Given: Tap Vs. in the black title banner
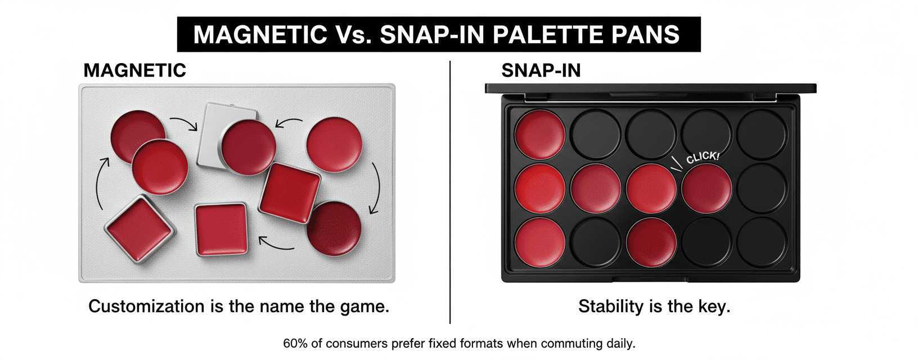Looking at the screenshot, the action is click(354, 34).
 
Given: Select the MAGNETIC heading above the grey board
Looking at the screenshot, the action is click(135, 70).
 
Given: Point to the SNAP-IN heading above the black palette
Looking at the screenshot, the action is click(541, 70).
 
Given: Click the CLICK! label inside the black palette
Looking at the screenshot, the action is click(703, 157).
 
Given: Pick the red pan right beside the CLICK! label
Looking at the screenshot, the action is click(706, 188).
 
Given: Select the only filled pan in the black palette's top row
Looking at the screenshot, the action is click(540, 134).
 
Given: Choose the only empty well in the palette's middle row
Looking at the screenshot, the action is click(762, 188).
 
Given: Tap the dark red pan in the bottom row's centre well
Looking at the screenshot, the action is click(651, 242).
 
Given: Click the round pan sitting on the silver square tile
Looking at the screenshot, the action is click(249, 147).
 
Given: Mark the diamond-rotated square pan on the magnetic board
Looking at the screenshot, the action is click(140, 229).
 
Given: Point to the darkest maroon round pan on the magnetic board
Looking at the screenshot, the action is click(334, 228).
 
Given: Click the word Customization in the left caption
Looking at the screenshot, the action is click(146, 307).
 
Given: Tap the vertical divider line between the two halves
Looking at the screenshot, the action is click(450, 192).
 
